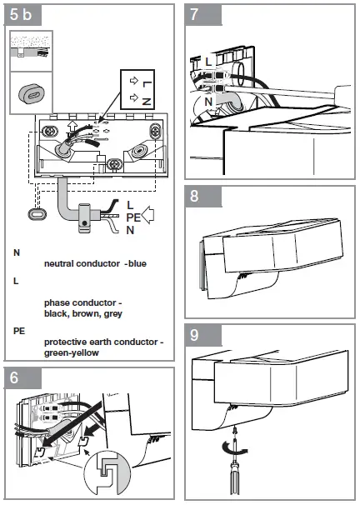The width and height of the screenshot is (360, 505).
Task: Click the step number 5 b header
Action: pyautogui.click(x=22, y=15)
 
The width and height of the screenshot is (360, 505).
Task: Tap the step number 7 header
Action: pyautogui.click(x=194, y=15)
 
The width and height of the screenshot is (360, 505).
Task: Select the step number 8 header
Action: pyautogui.click(x=194, y=196)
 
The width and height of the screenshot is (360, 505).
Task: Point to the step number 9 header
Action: pyautogui.click(x=194, y=335)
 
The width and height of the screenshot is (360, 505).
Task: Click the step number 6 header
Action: pyautogui.click(x=14, y=377)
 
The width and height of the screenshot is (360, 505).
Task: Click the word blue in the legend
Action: pyautogui.click(x=137, y=263)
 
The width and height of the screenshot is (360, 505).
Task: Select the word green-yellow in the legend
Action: pyautogui.click(x=72, y=352)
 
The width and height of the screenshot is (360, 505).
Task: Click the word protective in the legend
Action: pyautogui.click(x=65, y=342)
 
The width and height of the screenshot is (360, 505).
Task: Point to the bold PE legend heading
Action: pyautogui.click(x=19, y=331)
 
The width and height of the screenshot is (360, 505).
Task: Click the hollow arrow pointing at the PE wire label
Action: pyautogui.click(x=148, y=215)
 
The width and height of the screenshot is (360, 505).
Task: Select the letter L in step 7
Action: pyautogui.click(x=208, y=61)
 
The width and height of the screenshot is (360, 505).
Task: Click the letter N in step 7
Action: pyautogui.click(x=208, y=102)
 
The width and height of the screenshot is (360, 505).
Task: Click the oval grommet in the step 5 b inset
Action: pyautogui.click(x=31, y=93)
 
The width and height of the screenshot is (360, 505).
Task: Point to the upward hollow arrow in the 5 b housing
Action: pyautogui.click(x=72, y=127)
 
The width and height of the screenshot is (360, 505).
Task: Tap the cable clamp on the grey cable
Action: pyautogui.click(x=84, y=217)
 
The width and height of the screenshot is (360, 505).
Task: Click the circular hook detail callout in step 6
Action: pyautogui.click(x=107, y=472)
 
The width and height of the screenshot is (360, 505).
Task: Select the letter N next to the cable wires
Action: pyautogui.click(x=130, y=230)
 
